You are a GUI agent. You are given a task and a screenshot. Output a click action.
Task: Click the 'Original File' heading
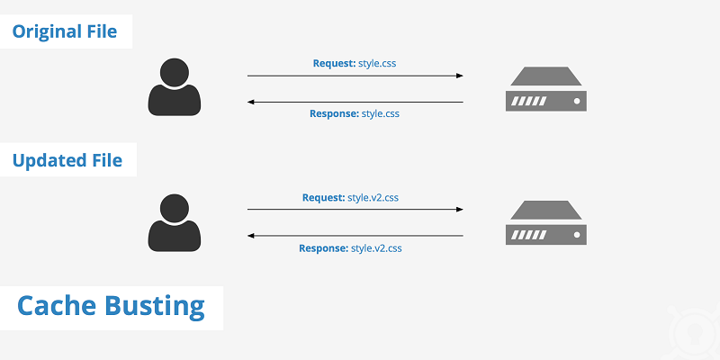coord(65,31)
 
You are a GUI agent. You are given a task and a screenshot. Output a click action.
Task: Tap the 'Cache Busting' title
coord(112,306)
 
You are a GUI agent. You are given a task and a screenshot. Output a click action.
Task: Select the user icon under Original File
coord(175,87)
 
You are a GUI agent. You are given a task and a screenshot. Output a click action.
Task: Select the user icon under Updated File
coord(175,222)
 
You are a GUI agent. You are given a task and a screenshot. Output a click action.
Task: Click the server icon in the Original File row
coord(546,89)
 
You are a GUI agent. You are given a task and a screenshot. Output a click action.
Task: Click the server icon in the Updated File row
coord(546,223)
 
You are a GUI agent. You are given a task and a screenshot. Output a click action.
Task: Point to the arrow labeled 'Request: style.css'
coord(355,76)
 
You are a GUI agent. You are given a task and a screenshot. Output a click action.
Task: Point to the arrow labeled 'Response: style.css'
coord(355,102)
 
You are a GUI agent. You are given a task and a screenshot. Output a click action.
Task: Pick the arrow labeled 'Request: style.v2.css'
coord(355,210)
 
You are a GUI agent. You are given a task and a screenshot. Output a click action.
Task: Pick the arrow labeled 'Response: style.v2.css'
coord(355,236)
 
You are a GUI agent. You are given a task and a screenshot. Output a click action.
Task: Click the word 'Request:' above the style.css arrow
coord(334,64)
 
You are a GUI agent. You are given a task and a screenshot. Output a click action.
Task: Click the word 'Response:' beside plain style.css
coord(334,114)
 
